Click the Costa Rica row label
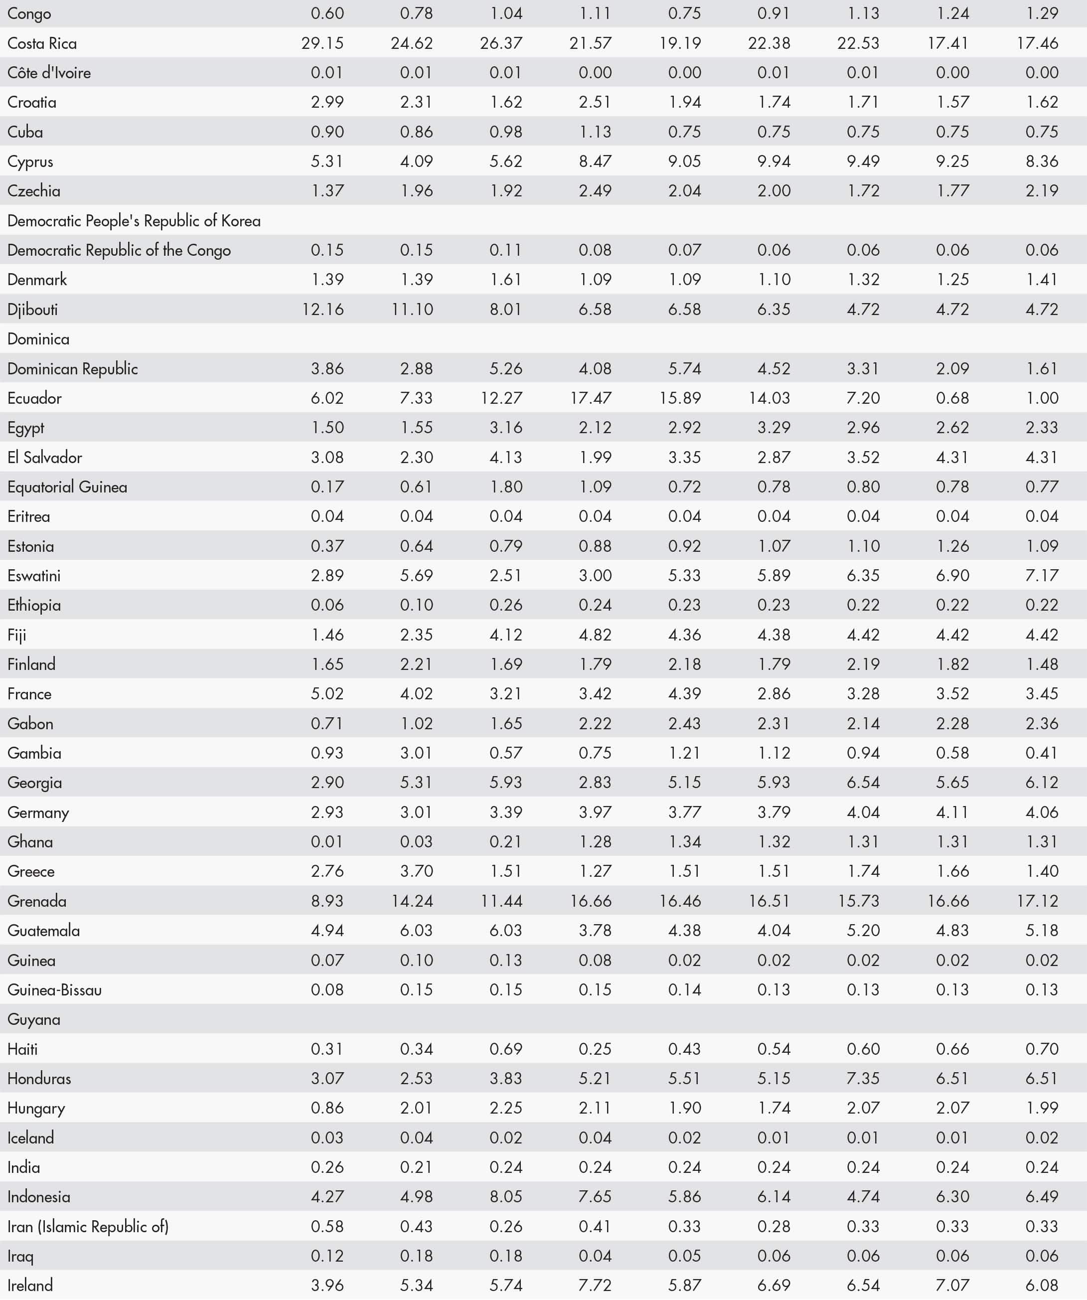(x=42, y=43)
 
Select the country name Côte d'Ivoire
(x=49, y=73)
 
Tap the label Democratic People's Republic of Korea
(x=134, y=221)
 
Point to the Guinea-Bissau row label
(x=54, y=990)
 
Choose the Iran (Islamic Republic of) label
(x=88, y=1226)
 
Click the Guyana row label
(x=34, y=1019)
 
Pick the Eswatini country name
(x=34, y=576)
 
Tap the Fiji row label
(x=17, y=635)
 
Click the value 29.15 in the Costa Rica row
(x=322, y=43)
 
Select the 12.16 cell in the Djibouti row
(x=322, y=309)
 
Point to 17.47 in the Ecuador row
(x=591, y=398)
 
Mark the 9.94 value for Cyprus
(x=774, y=162)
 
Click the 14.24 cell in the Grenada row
(x=412, y=901)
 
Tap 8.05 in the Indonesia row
(x=506, y=1197)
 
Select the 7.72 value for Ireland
(x=595, y=1285)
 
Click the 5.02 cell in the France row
(x=327, y=694)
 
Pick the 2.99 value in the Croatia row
(x=327, y=102)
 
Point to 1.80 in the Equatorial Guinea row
(x=506, y=487)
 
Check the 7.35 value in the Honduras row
(x=863, y=1078)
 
